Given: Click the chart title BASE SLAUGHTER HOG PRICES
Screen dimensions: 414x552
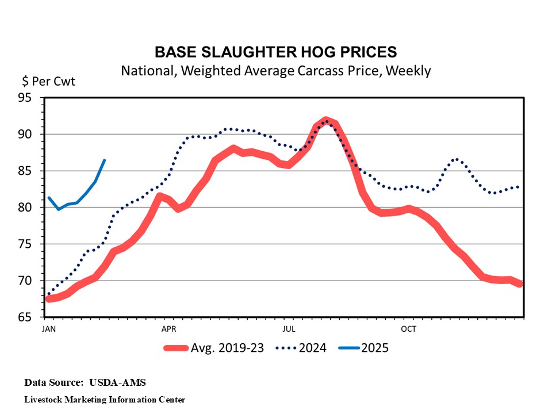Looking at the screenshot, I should (x=275, y=52).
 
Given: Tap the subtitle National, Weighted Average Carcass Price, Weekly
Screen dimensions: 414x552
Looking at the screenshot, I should (x=275, y=71).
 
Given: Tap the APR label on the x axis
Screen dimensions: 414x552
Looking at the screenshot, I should (x=168, y=329).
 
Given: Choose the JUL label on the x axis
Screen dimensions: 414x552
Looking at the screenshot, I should (x=289, y=329).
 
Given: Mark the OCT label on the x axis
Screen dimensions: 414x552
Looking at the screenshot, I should (x=409, y=329).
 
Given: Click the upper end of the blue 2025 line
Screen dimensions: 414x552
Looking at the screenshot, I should (x=104, y=160).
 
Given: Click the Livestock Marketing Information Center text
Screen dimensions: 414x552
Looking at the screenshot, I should (x=105, y=399).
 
